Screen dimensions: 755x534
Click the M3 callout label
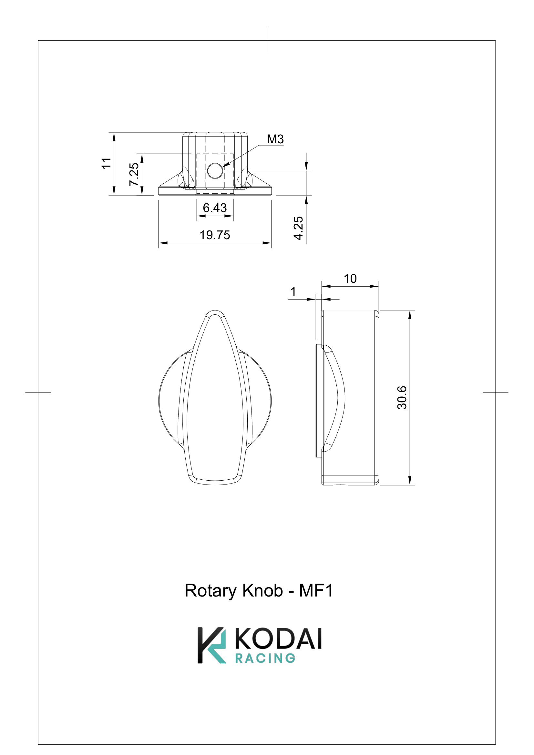coord(275,139)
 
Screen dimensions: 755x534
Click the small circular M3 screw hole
coord(215,171)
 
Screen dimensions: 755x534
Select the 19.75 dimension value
coord(215,235)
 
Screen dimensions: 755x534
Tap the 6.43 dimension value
coord(215,208)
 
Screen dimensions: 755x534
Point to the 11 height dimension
coord(106,163)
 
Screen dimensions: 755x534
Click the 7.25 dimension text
coord(134,174)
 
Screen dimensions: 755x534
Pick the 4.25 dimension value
coord(298,228)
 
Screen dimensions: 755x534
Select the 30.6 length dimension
coord(402,398)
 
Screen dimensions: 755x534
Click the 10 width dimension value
coord(350,279)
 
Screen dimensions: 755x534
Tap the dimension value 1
coord(293,291)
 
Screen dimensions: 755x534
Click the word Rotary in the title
coord(211,591)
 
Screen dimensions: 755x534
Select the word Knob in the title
coord(262,591)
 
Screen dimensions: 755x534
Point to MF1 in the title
coord(316,591)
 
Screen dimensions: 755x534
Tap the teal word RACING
coord(265,658)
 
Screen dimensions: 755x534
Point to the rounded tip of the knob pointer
coord(215,312)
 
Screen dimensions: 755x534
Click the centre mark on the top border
coord(267,40)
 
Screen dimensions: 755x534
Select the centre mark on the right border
coord(495,392)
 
